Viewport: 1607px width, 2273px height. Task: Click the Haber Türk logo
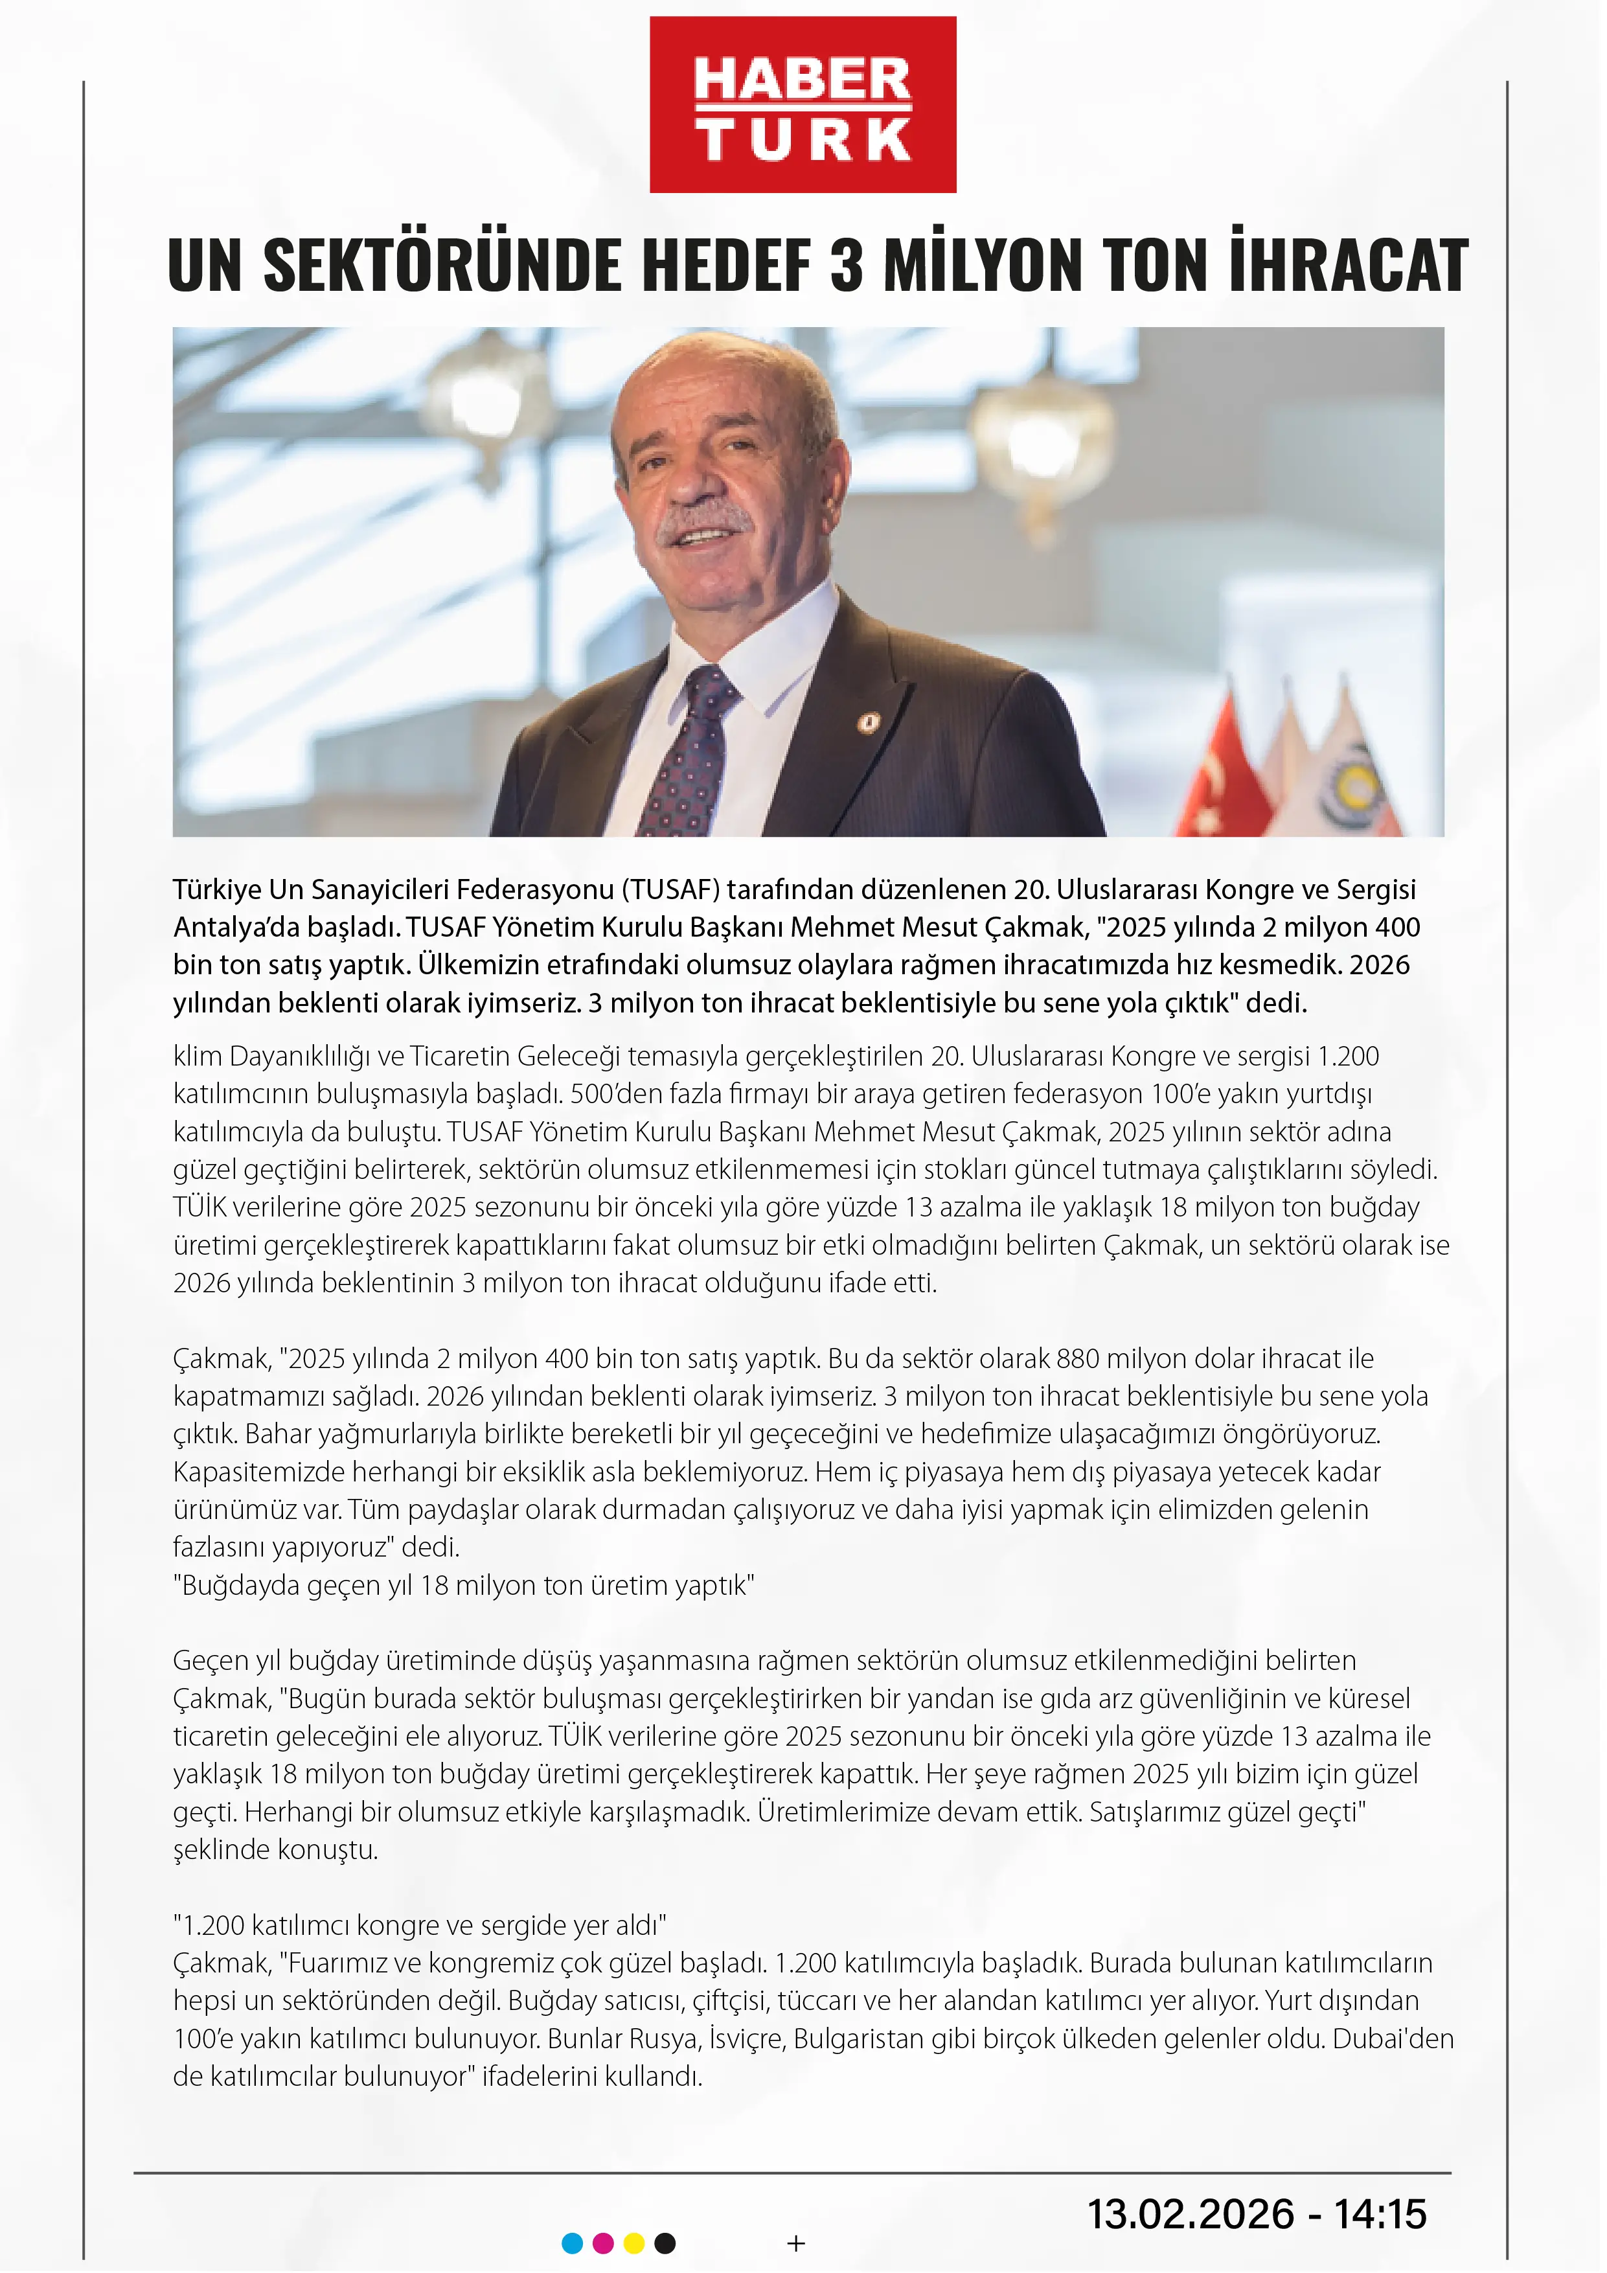click(803, 105)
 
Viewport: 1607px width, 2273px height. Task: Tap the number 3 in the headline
click(847, 266)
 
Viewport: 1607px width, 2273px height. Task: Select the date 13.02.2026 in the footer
click(1191, 2213)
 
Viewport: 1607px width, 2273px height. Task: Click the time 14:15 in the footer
click(1381, 2213)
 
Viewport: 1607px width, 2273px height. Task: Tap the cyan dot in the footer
click(573, 2243)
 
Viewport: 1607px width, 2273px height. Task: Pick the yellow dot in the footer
click(635, 2243)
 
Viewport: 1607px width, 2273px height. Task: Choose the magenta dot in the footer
click(603, 2243)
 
